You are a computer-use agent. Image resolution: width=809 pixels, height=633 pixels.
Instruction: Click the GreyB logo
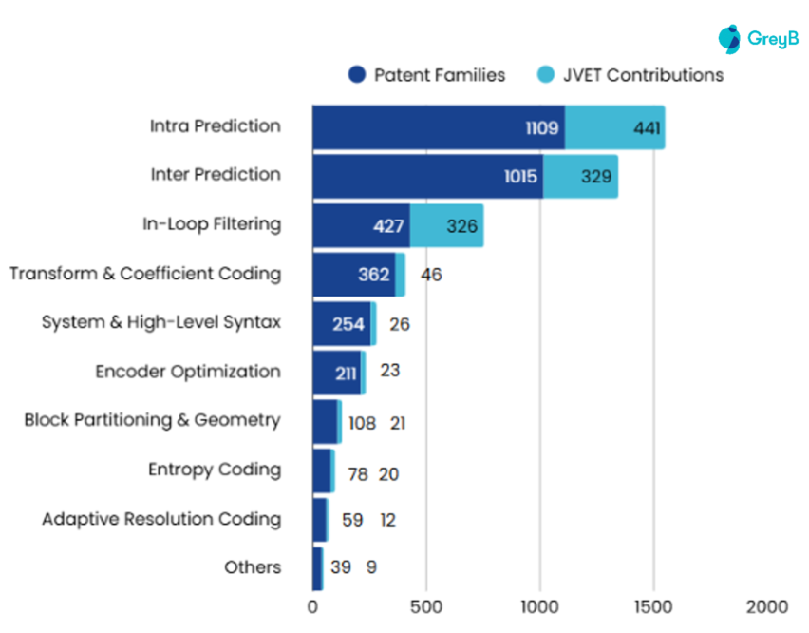[759, 39]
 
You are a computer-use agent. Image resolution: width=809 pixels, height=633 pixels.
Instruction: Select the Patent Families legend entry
[426, 75]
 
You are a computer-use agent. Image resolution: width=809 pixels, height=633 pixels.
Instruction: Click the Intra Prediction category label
[215, 125]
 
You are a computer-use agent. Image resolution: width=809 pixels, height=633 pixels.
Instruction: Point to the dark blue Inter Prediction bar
[427, 176]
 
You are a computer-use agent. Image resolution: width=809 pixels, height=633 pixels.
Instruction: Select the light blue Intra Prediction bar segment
[614, 127]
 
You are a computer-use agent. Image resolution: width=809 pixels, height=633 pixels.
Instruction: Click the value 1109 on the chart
[542, 127]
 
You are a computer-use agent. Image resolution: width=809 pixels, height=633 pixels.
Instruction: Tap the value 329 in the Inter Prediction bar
[596, 176]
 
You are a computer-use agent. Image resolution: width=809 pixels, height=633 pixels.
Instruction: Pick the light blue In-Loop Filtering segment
[446, 225]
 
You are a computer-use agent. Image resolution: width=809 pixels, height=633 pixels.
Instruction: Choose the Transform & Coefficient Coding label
[145, 274]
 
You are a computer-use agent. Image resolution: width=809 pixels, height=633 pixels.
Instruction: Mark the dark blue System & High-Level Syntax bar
[341, 323]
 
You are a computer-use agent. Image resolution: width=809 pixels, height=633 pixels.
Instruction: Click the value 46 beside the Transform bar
[431, 275]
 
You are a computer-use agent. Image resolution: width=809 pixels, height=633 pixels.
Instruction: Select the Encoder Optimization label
[188, 372]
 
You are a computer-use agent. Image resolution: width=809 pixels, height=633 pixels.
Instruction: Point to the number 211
[346, 373]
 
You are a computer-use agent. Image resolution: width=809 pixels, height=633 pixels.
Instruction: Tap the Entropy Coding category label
[215, 470]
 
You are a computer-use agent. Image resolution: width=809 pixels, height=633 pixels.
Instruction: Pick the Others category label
[253, 567]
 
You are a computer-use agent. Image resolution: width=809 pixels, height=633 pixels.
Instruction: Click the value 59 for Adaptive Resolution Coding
[353, 520]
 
